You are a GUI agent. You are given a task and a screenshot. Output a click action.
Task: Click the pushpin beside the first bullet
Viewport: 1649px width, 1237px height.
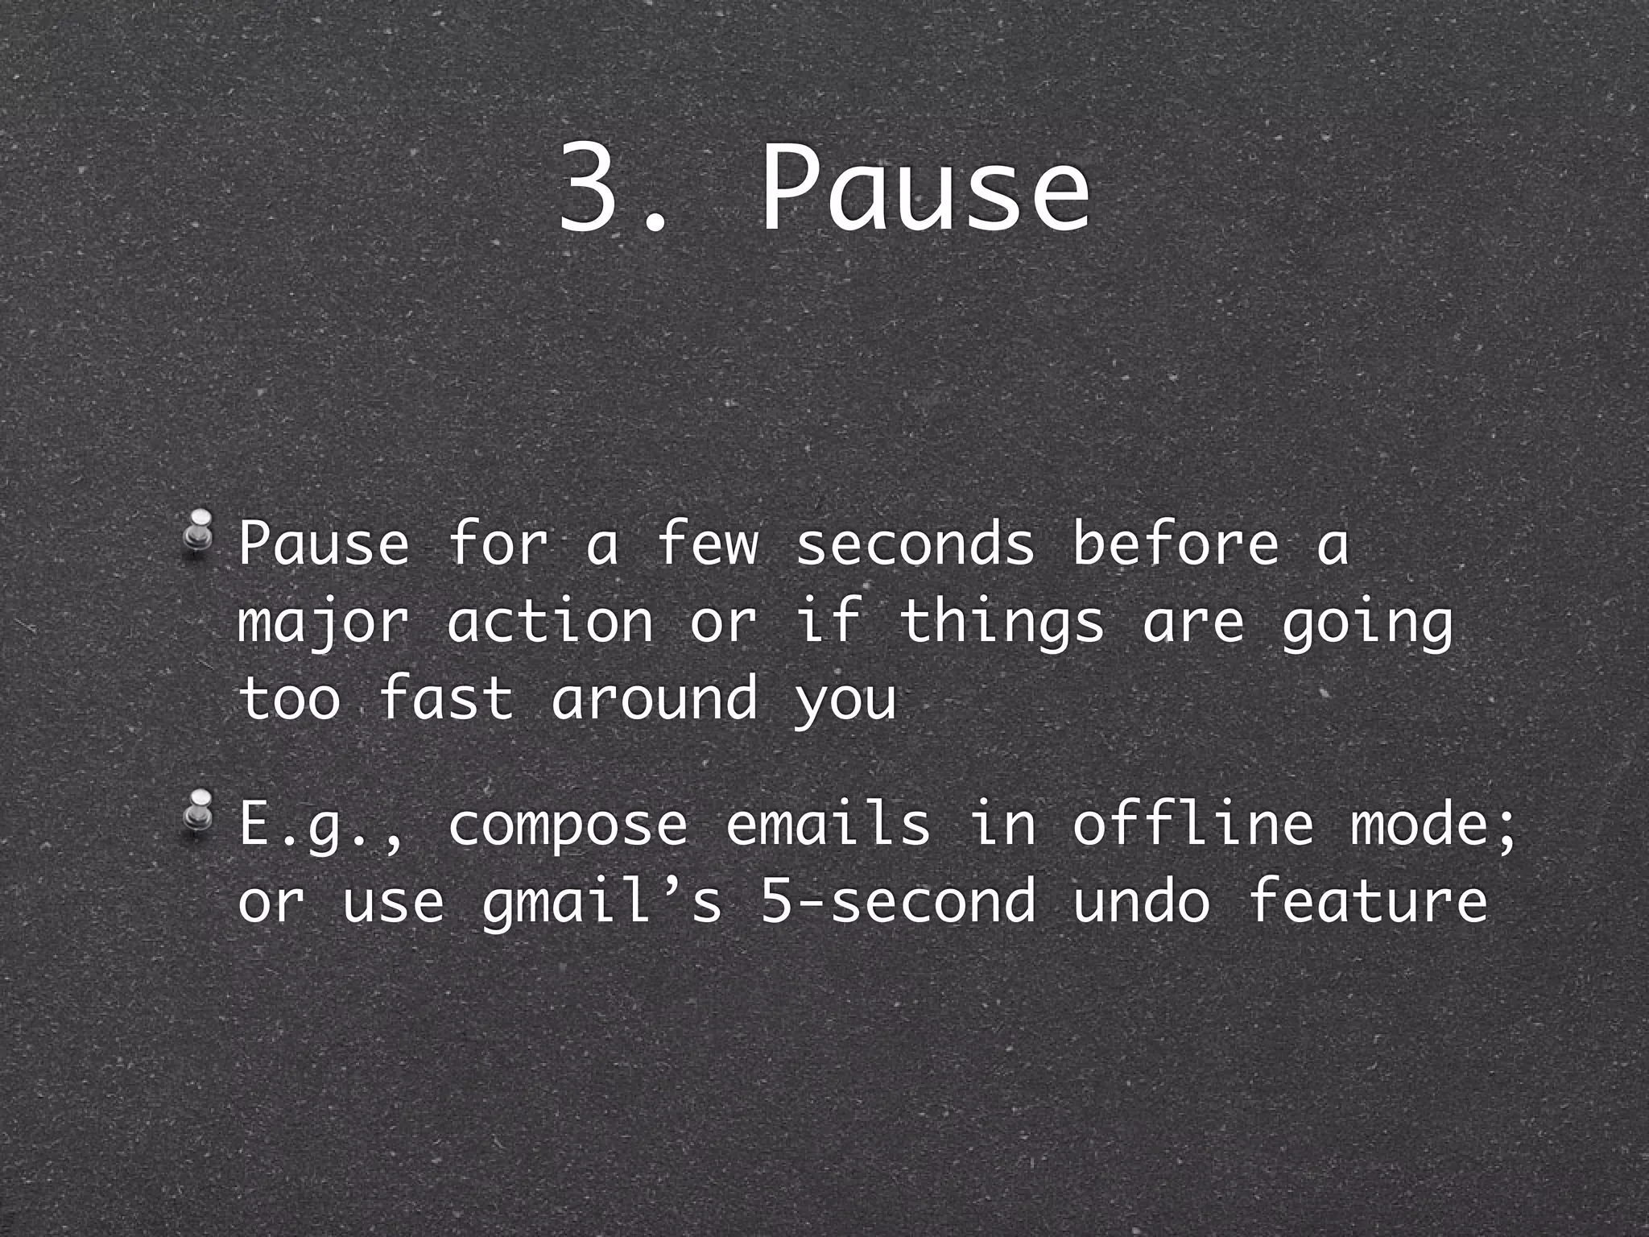198,532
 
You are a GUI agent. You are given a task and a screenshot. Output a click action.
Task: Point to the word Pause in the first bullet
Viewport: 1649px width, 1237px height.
324,544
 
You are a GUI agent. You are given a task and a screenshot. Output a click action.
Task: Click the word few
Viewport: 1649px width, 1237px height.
708,544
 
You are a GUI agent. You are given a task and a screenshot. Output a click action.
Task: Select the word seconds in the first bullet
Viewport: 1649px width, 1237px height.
915,544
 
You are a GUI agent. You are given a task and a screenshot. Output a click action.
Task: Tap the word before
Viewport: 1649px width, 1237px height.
1176,544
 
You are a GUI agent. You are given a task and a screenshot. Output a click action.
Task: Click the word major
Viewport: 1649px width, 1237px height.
324,623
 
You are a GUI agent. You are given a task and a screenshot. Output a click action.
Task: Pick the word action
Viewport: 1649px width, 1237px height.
551,623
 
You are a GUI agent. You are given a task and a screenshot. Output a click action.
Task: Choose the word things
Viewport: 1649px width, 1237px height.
1002,623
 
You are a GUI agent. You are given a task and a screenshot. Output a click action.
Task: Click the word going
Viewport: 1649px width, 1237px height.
1367,623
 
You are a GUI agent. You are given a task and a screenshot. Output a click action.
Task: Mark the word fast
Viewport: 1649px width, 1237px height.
445,697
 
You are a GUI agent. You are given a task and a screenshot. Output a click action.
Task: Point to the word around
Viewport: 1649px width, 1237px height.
655,697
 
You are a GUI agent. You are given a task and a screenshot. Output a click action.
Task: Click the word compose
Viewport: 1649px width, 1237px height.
568,825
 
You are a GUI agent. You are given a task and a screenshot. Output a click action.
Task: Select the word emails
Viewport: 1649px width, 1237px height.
829,825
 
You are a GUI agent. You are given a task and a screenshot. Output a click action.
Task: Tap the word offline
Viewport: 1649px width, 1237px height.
1192,825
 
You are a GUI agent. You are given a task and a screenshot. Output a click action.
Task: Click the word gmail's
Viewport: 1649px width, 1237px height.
602,901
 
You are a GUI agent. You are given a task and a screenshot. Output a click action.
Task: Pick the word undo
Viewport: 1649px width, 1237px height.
1141,901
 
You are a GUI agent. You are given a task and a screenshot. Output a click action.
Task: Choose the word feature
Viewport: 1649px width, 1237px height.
1367,901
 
